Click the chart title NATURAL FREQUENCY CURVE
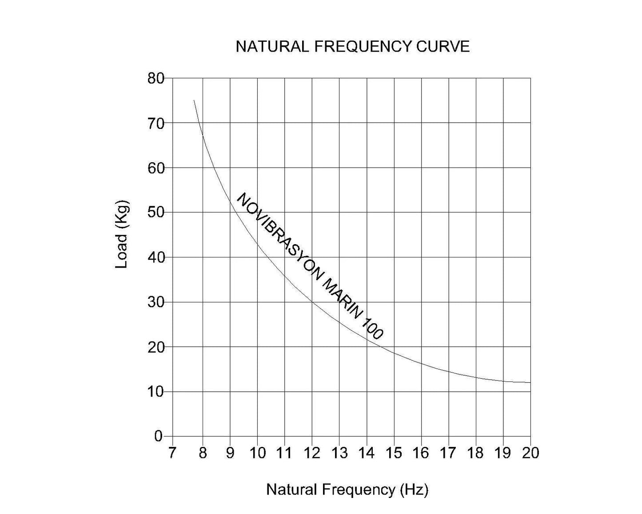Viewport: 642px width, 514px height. pyautogui.click(x=352, y=47)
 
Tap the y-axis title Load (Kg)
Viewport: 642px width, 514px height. pyautogui.click(x=122, y=234)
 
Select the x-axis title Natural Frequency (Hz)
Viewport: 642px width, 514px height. pyautogui.click(x=347, y=490)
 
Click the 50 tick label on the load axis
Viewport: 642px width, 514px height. pyautogui.click(x=156, y=213)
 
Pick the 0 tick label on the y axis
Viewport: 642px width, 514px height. pyautogui.click(x=159, y=436)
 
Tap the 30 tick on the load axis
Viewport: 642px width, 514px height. pyautogui.click(x=156, y=302)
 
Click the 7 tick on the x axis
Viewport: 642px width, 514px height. pyautogui.click(x=172, y=453)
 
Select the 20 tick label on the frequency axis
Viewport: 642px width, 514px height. pyautogui.click(x=530, y=453)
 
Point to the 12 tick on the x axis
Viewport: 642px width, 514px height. pyautogui.click(x=312, y=453)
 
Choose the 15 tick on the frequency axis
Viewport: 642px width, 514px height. pyautogui.click(x=394, y=453)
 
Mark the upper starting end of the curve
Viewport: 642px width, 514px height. pyautogui.click(x=194, y=100)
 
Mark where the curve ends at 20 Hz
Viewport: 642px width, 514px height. pyautogui.click(x=530, y=382)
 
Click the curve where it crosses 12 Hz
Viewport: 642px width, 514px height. pyautogui.click(x=312, y=302)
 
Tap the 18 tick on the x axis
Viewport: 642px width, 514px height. pyautogui.click(x=475, y=453)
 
